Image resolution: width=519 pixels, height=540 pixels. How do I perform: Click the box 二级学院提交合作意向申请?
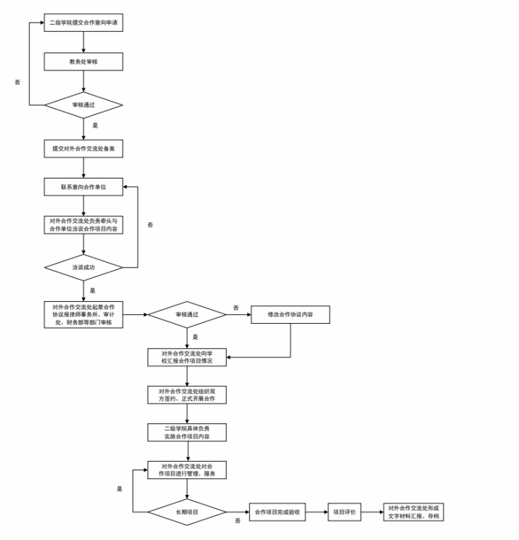click(83, 23)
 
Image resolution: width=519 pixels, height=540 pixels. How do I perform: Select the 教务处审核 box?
click(83, 62)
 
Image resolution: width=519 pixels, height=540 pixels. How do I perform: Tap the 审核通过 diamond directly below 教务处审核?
click(83, 105)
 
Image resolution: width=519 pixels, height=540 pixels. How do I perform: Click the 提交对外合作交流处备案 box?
click(83, 148)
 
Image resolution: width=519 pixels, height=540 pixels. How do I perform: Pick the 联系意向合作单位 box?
click(83, 187)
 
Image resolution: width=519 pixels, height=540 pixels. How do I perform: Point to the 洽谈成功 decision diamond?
click(83, 267)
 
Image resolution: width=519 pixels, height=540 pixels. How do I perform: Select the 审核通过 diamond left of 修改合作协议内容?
click(187, 314)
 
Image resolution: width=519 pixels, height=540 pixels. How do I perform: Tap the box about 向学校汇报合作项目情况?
click(187, 357)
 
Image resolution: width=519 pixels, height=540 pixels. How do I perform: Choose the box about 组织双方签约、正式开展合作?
click(187, 395)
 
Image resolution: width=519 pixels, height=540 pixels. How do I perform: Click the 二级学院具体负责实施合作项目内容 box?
click(187, 433)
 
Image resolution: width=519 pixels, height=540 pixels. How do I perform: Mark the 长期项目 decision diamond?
click(187, 512)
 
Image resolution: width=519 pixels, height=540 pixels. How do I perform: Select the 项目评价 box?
click(344, 512)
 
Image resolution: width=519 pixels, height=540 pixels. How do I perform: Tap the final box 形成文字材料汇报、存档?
click(414, 512)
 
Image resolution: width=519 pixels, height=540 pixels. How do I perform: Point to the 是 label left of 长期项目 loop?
click(120, 488)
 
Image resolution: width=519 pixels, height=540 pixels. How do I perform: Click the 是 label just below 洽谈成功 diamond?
click(93, 290)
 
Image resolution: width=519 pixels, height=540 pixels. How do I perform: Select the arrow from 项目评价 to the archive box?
click(372, 512)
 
